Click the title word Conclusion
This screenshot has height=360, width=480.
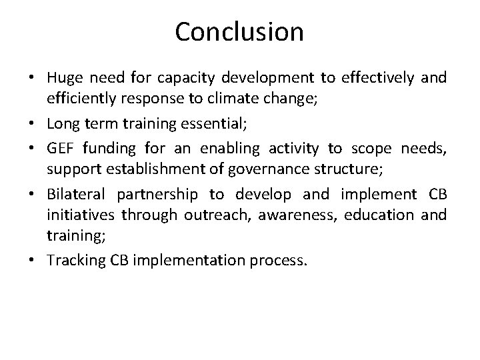coord(239,31)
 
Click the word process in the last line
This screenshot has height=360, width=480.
coord(283,260)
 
